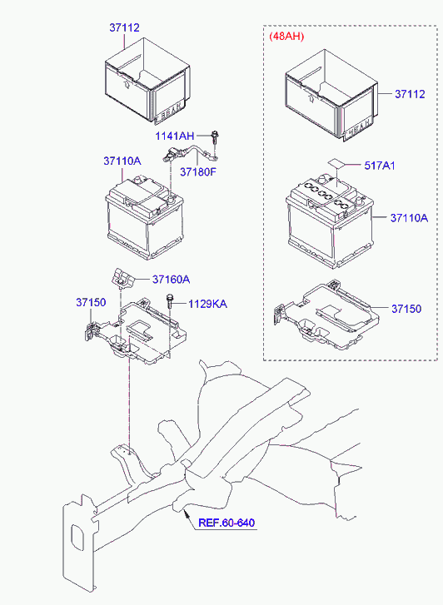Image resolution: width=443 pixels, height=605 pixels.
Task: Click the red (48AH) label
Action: click(x=286, y=37)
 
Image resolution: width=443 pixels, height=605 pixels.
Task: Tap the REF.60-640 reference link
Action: click(x=226, y=523)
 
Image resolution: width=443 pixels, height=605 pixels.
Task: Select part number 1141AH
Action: click(x=175, y=136)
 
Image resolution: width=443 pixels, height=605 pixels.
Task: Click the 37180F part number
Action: click(x=198, y=171)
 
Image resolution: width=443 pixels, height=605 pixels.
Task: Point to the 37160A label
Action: click(x=171, y=280)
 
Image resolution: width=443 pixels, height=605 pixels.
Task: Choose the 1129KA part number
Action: click(x=208, y=304)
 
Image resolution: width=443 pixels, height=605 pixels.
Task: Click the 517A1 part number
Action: click(x=380, y=166)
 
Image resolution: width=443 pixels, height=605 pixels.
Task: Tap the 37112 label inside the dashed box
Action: click(x=410, y=94)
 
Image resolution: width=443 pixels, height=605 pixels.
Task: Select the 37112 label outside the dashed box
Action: click(x=124, y=27)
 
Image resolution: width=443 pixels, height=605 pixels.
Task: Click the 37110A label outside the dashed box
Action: click(x=122, y=161)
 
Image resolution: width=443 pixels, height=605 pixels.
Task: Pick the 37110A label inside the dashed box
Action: click(x=410, y=218)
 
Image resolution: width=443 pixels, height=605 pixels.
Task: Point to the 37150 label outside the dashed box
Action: click(x=91, y=303)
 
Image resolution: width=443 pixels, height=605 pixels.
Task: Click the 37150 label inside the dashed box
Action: click(x=406, y=309)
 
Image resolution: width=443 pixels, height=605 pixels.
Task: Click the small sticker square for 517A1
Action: click(x=336, y=163)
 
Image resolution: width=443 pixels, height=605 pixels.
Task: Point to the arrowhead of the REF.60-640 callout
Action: click(x=186, y=512)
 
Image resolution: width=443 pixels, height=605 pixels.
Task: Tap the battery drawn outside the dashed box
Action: click(x=144, y=218)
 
